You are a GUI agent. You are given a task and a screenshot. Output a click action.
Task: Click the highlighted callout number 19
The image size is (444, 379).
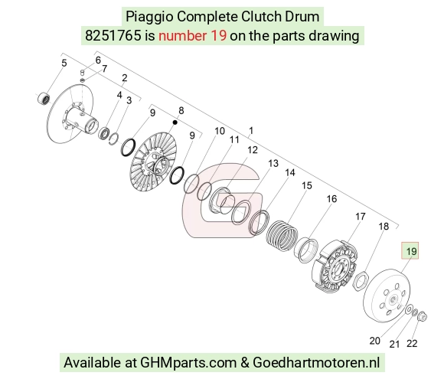pyautogui.click(x=411, y=251)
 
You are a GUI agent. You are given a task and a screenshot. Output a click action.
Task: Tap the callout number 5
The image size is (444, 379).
pyautogui.click(x=64, y=63)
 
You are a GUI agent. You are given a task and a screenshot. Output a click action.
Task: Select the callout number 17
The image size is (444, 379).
pyautogui.click(x=361, y=217)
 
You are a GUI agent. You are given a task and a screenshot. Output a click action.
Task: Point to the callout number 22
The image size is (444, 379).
pyautogui.click(x=412, y=343)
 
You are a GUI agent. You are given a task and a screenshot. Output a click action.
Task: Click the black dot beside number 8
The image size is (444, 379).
pyautogui.click(x=175, y=123)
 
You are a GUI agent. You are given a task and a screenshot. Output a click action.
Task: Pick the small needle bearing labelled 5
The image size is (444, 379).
pyautogui.click(x=44, y=98)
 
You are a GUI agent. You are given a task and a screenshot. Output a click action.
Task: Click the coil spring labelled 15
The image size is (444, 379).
pyautogui.click(x=282, y=236)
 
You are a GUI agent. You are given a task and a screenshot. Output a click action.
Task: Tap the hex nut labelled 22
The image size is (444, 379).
pyautogui.click(x=423, y=315)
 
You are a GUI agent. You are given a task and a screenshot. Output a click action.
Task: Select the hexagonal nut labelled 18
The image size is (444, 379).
pyautogui.click(x=361, y=280)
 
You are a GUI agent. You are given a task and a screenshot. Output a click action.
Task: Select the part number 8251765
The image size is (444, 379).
pyautogui.click(x=113, y=35)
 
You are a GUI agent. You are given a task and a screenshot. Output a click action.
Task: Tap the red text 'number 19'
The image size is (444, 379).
pyautogui.click(x=193, y=35)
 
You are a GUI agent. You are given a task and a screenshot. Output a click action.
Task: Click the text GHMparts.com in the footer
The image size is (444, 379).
pyautogui.click(x=188, y=363)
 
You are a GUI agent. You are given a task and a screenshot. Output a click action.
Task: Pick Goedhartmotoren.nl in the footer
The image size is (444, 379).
pyautogui.click(x=316, y=362)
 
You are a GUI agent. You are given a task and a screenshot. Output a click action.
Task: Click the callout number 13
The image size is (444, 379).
pyautogui.click(x=273, y=163)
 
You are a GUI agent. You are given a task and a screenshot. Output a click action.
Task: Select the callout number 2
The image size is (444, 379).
pyautogui.click(x=124, y=77)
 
